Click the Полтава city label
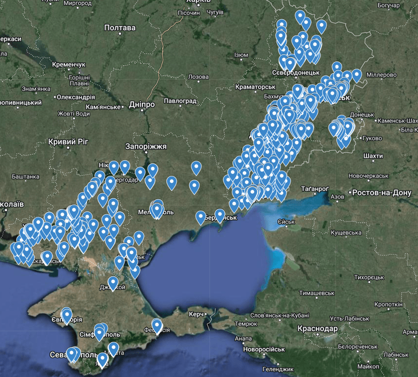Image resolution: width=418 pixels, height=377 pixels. [x=120, y=28]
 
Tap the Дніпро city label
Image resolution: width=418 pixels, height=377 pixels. [x=141, y=105]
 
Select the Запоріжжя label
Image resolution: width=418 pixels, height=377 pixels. [x=146, y=146]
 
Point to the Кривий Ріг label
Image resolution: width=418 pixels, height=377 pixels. [x=67, y=141]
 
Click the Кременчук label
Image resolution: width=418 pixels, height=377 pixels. [x=68, y=65]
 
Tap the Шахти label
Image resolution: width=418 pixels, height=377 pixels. [x=374, y=155]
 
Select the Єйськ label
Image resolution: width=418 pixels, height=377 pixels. [x=286, y=221]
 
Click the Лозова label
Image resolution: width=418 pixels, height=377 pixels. [x=198, y=77]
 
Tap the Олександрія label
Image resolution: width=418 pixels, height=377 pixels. [x=80, y=97]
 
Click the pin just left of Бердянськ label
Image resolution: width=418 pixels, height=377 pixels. [x=201, y=216]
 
